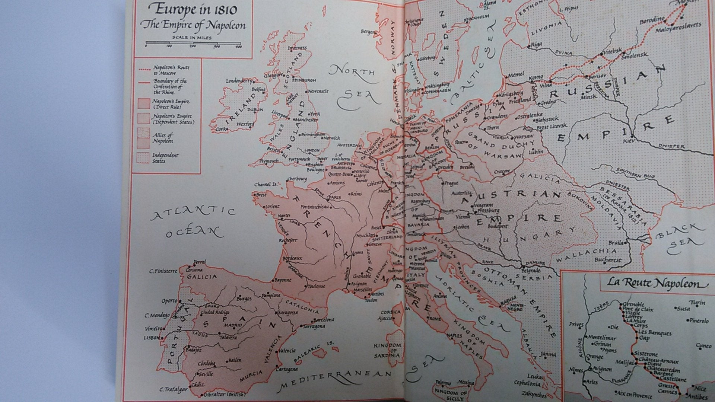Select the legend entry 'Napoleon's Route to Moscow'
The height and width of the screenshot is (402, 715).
coord(171,70)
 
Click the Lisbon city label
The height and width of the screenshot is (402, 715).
coord(152,338)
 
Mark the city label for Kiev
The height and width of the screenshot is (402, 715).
coord(630,141)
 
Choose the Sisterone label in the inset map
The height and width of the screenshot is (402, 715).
coord(646,354)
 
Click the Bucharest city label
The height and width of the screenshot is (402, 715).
coord(608,260)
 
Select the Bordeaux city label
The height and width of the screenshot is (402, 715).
coord(292,258)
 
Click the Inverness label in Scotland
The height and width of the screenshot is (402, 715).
coord(297,48)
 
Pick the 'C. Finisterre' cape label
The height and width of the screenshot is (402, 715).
coord(163,271)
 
